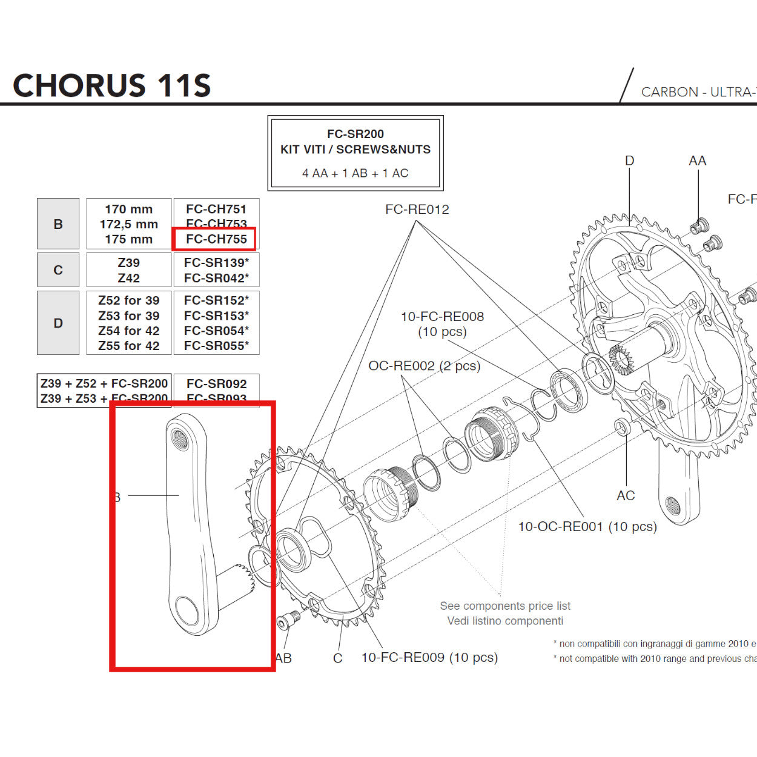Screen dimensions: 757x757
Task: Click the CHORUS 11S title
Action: (x=112, y=85)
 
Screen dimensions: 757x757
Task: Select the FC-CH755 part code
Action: (x=216, y=239)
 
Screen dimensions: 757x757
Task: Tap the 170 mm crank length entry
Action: (x=128, y=210)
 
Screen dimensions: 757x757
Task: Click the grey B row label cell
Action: (x=58, y=224)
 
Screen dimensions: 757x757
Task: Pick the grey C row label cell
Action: (x=58, y=270)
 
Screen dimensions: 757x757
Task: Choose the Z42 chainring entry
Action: (x=128, y=278)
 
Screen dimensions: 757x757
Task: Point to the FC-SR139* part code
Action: (x=216, y=263)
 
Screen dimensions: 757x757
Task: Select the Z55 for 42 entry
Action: (x=128, y=346)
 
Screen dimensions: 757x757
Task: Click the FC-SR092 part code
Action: (x=216, y=384)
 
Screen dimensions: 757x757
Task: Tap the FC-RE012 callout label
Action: (x=417, y=210)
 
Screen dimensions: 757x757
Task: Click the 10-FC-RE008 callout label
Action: (x=442, y=317)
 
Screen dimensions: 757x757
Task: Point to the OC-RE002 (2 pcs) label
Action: (x=424, y=366)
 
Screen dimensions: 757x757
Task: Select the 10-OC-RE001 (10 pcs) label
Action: (x=587, y=527)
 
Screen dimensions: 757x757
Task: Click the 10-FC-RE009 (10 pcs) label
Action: (x=429, y=658)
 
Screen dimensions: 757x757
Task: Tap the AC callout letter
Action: (x=626, y=495)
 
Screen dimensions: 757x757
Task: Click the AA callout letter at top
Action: (x=697, y=161)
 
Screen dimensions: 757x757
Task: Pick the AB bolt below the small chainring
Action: (x=289, y=621)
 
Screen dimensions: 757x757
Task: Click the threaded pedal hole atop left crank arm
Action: (x=180, y=437)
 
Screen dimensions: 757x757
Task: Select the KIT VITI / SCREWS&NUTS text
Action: (x=355, y=150)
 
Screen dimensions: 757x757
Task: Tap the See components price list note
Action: (x=505, y=606)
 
